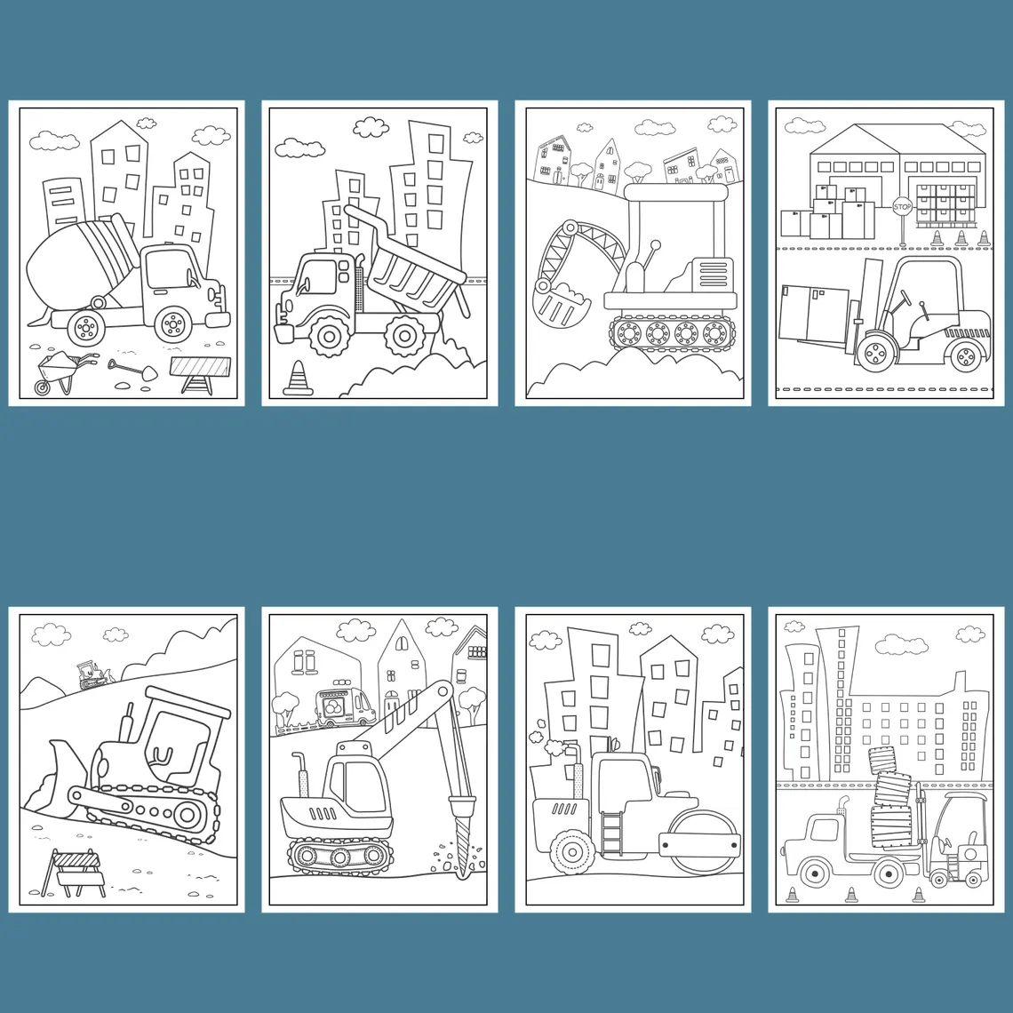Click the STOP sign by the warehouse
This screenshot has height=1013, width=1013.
tap(902, 207)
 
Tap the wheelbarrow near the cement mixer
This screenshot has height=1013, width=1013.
tap(59, 372)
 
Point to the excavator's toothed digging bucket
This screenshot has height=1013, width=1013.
tap(560, 307)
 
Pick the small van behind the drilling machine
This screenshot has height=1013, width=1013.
tap(345, 706)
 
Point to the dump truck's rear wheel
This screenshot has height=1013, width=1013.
tap(403, 335)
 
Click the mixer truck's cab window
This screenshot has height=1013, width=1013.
tap(169, 268)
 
